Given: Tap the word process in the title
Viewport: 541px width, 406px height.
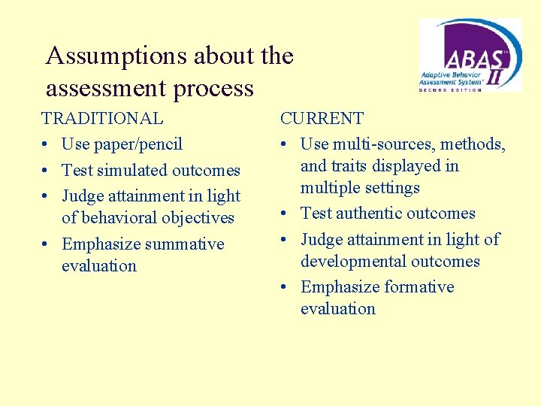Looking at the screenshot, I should (213, 89).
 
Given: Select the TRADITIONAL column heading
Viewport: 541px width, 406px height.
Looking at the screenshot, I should (102, 118).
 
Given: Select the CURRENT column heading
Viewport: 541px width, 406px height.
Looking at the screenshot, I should (322, 118).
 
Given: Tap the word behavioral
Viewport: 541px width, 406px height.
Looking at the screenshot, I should (121, 217).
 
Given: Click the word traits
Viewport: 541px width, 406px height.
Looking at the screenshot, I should (353, 165).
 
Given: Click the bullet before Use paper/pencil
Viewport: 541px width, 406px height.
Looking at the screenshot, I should (47, 144).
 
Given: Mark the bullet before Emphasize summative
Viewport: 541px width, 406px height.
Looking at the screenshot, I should (47, 244).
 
